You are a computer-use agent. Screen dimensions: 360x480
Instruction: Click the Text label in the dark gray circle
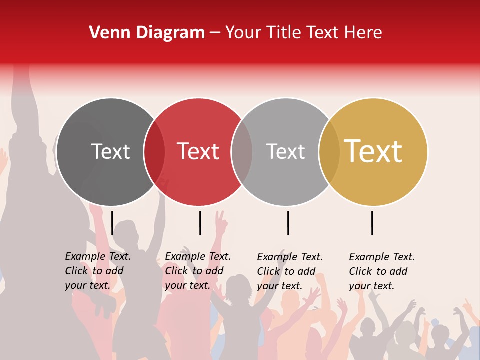110,151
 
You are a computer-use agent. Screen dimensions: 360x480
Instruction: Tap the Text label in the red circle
198,151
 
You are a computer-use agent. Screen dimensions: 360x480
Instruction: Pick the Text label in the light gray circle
285,151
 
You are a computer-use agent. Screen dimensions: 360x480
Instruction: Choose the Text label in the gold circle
373,151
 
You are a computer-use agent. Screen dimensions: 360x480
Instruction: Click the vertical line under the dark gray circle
112,223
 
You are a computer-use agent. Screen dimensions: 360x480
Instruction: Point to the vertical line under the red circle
200,223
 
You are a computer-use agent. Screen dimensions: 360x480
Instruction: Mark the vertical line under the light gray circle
288,223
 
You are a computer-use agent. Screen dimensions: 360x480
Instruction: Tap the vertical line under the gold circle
372,223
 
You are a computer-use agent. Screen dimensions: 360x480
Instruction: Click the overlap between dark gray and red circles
154,152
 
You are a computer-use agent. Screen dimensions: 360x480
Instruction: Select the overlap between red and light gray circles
242,152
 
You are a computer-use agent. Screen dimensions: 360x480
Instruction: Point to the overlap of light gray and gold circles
329,152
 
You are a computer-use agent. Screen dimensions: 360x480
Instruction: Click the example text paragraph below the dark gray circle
97,271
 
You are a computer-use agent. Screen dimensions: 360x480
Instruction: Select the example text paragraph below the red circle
197,271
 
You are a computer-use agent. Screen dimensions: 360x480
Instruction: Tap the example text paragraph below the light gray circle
289,271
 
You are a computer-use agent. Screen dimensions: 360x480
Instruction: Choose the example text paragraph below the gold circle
381,271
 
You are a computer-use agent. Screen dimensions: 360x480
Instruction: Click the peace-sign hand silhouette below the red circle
220,224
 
